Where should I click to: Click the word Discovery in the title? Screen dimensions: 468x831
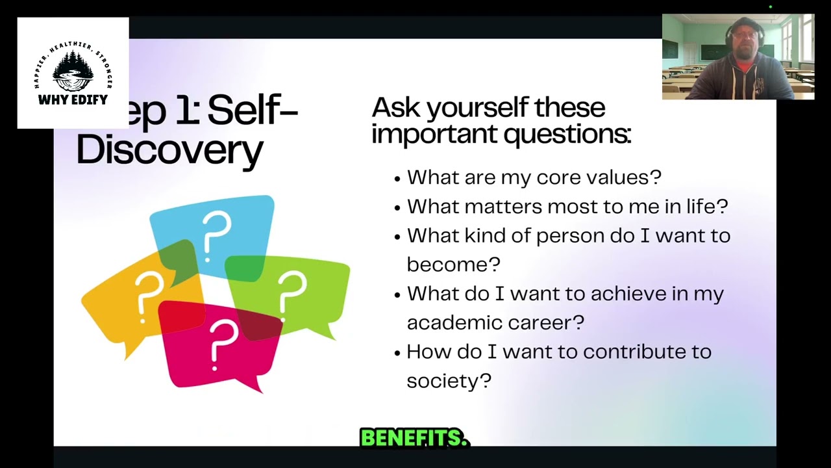tap(169, 149)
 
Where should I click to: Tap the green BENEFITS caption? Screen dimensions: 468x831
tap(414, 438)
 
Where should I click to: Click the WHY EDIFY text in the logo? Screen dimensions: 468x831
tap(73, 99)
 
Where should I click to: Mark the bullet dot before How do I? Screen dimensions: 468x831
tap(397, 353)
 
